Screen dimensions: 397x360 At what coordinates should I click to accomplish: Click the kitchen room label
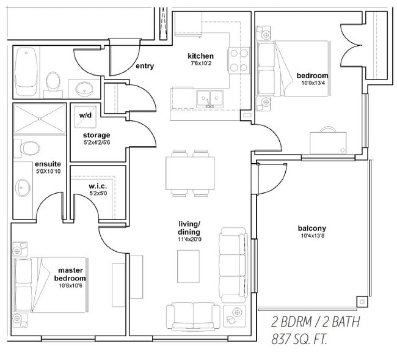(200, 56)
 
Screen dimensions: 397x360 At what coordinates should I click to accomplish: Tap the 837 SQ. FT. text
(299, 339)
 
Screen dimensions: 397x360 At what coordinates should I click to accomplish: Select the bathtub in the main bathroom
(26, 71)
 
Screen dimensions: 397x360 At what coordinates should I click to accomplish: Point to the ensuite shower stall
(40, 119)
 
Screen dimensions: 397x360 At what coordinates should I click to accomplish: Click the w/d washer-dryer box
(86, 117)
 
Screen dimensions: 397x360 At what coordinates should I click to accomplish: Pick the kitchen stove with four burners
(239, 61)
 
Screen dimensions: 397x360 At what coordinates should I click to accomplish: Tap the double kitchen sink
(209, 98)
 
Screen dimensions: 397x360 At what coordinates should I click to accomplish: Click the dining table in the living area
(190, 173)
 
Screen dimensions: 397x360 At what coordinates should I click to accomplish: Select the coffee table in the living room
(188, 266)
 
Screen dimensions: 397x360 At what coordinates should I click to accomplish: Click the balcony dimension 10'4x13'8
(312, 235)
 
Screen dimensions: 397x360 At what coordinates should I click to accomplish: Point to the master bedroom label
(70, 274)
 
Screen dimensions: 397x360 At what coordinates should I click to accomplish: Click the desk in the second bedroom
(328, 142)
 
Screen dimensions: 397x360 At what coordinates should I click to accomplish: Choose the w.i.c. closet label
(98, 186)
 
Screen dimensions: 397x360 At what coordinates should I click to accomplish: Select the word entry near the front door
(145, 66)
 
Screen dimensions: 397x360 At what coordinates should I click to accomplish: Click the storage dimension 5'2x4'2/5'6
(97, 142)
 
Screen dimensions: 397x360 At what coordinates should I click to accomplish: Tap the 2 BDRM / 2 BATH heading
(316, 322)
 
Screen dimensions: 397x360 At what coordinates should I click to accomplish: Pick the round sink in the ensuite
(23, 188)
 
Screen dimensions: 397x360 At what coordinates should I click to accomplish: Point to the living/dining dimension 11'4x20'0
(189, 239)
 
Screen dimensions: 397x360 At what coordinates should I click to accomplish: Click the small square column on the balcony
(362, 301)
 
